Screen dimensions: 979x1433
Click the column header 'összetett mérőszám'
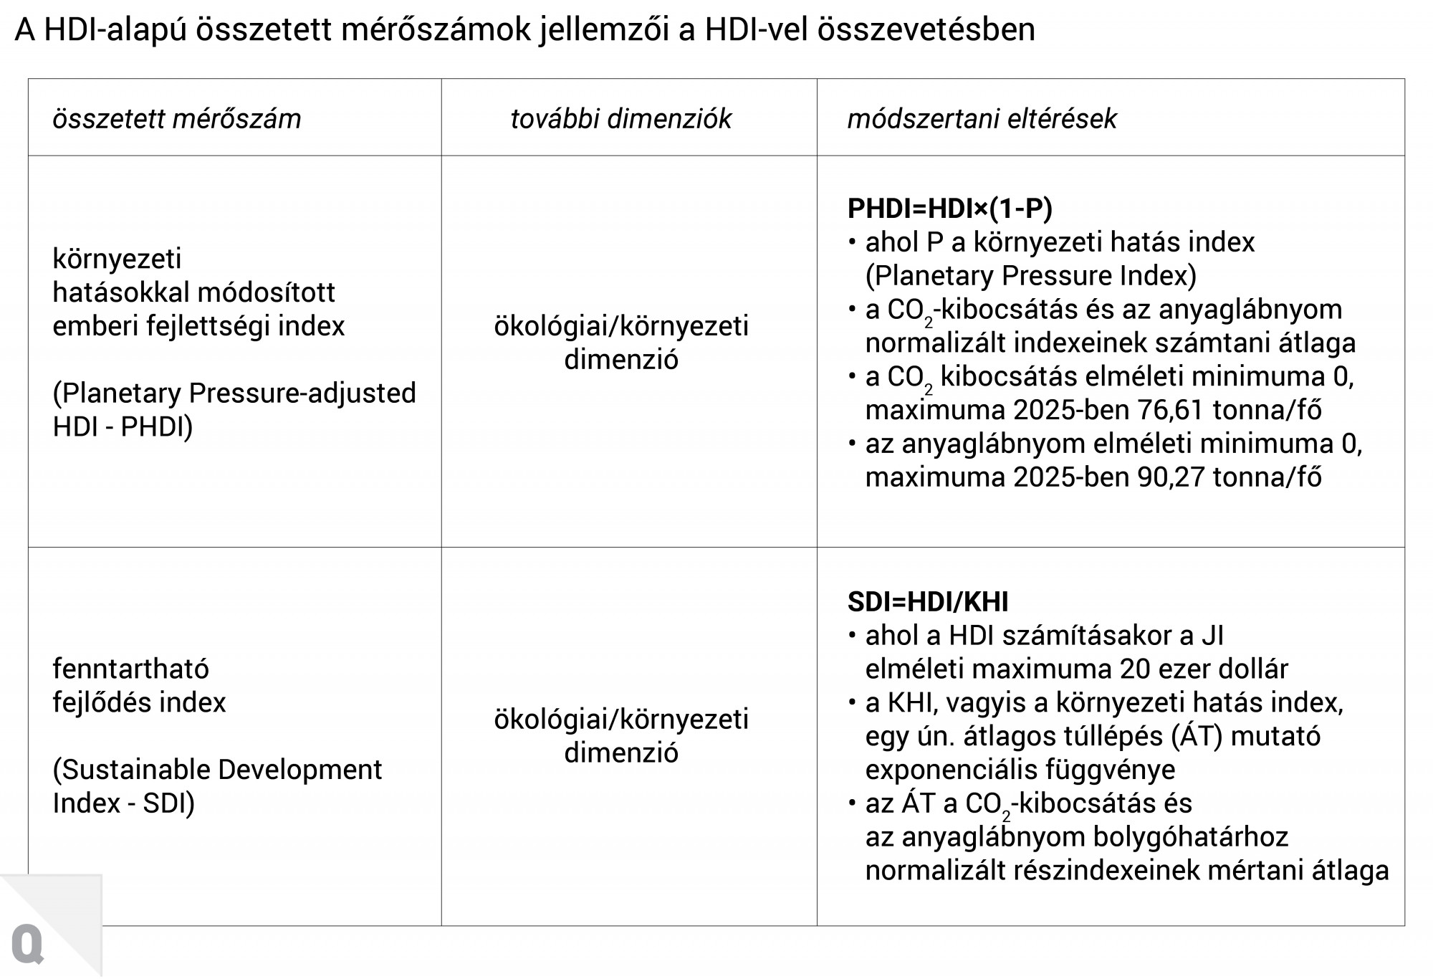tap(176, 118)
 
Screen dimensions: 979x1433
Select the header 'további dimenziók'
tap(620, 118)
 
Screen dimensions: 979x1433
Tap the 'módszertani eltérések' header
tap(982, 118)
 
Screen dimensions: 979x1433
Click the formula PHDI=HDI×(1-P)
tap(949, 209)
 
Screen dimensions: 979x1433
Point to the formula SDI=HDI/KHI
tap(927, 602)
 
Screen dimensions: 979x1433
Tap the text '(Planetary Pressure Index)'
tap(1031, 276)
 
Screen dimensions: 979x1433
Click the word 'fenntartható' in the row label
tap(130, 669)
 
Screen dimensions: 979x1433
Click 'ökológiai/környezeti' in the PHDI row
tap(620, 326)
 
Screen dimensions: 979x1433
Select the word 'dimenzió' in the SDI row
tap(620, 753)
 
